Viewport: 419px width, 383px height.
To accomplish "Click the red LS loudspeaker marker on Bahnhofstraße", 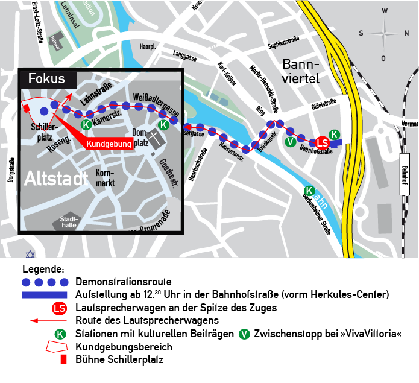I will (x=323, y=143).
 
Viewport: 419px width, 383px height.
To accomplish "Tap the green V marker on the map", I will (x=291, y=142).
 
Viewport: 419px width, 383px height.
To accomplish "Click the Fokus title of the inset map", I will (x=46, y=79).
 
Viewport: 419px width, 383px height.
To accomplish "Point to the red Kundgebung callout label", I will (x=109, y=144).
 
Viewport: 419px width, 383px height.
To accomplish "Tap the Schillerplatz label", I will (x=43, y=132).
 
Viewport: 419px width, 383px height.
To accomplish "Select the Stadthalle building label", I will (x=67, y=223).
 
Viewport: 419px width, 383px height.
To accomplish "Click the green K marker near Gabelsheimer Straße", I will (x=310, y=191).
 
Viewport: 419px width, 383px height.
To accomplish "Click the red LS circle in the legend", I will (x=59, y=308).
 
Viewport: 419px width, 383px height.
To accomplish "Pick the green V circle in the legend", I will (x=245, y=334).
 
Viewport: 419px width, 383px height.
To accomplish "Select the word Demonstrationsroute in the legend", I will (x=124, y=282).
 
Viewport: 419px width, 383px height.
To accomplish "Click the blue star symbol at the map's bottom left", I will (x=30, y=254).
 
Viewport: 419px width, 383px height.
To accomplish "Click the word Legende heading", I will (x=43, y=268).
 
